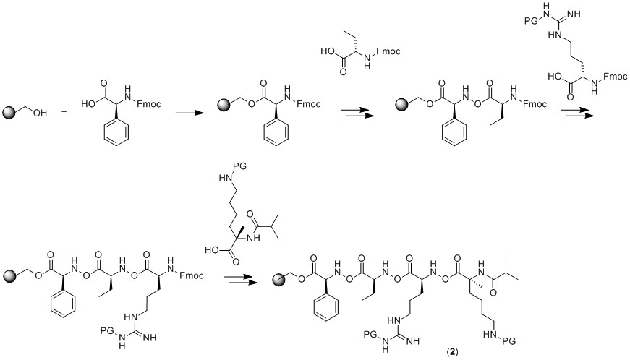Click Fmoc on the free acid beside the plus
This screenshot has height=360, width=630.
tap(153, 104)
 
